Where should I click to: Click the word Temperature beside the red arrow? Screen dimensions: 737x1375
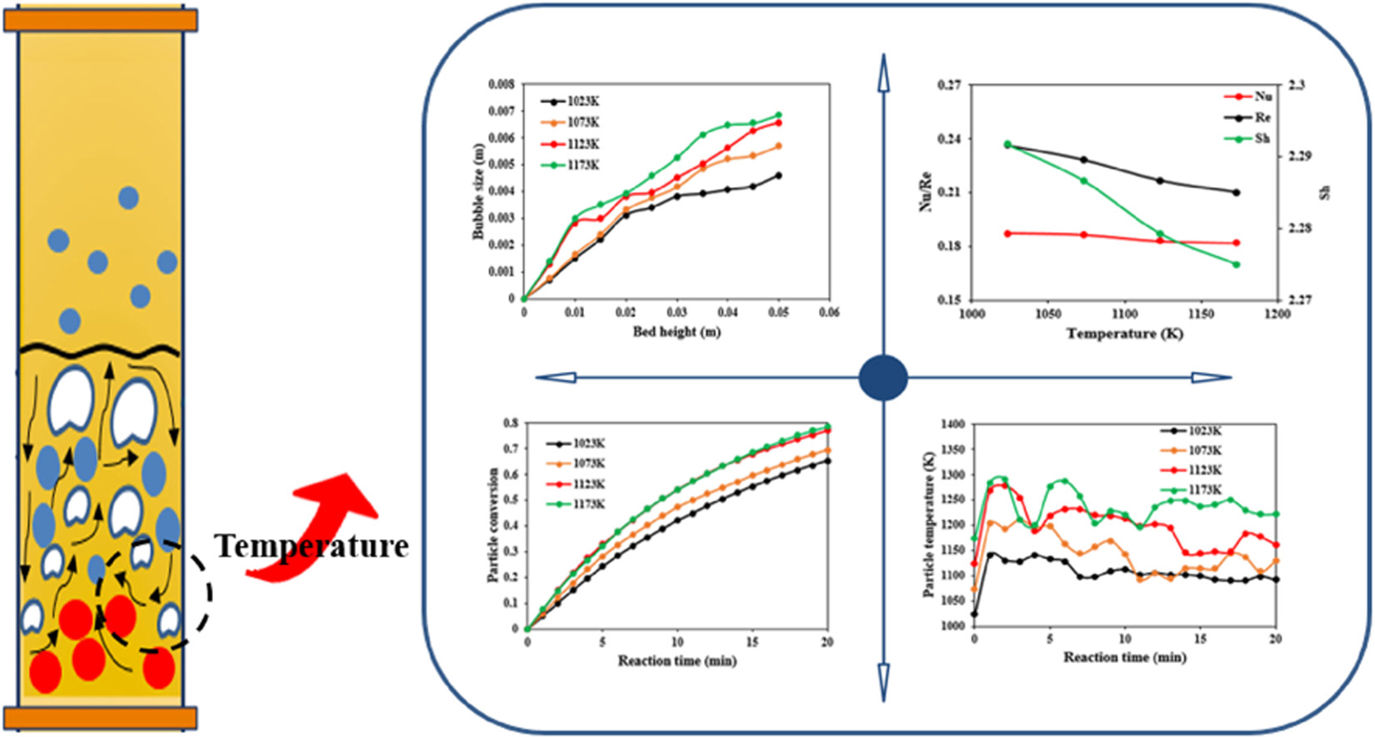[x=312, y=546]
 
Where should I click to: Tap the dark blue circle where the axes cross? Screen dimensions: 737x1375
[x=883, y=377]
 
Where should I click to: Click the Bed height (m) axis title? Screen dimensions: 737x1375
[x=676, y=332]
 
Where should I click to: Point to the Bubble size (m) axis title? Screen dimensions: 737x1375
[x=478, y=191]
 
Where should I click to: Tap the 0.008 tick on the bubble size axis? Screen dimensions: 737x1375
[x=502, y=84]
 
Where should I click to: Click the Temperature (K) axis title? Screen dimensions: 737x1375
[x=1124, y=334]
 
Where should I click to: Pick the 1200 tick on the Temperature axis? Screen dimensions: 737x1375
[x=1277, y=314]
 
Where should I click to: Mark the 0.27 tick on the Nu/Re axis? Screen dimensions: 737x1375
[x=949, y=85]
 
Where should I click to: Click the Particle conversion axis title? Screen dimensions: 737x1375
[x=492, y=524]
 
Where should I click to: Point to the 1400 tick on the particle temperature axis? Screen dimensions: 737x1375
[x=952, y=424]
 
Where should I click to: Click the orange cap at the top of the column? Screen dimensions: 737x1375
[x=101, y=20]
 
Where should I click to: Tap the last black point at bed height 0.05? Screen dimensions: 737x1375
[x=779, y=176]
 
